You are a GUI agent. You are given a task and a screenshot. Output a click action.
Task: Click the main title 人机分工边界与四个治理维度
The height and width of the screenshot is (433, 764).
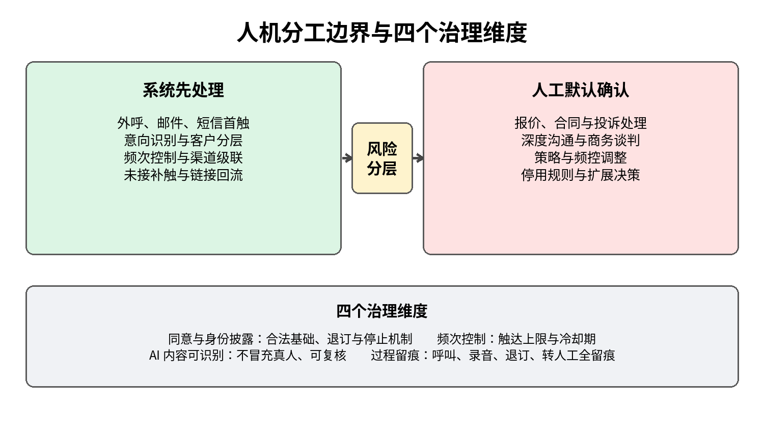click(x=382, y=33)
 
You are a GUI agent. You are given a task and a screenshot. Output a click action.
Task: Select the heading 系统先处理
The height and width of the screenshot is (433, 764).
click(x=183, y=91)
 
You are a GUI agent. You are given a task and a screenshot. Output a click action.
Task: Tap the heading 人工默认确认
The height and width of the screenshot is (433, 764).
click(x=581, y=91)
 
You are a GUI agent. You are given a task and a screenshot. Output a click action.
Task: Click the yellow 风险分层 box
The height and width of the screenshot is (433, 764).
click(x=382, y=158)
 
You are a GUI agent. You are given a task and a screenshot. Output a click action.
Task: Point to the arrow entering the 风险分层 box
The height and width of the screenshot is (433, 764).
click(x=347, y=158)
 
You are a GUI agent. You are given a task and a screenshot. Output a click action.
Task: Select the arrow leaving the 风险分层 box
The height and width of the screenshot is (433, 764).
click(x=418, y=158)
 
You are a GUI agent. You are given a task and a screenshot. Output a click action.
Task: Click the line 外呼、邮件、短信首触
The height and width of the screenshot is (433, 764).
click(x=183, y=123)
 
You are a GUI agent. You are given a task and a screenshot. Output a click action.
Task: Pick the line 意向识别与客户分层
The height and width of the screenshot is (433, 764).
click(x=183, y=140)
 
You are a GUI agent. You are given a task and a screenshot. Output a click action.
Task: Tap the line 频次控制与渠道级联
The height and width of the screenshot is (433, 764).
click(x=183, y=157)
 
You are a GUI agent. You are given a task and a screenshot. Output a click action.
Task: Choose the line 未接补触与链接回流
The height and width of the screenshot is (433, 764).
click(x=183, y=175)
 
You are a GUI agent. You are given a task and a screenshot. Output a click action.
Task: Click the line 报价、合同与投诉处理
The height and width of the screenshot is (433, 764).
click(x=581, y=123)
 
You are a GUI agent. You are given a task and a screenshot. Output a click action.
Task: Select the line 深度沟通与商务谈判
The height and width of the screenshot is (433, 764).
click(x=581, y=140)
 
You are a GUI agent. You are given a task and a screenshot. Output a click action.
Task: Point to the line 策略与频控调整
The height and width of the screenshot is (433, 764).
click(x=581, y=157)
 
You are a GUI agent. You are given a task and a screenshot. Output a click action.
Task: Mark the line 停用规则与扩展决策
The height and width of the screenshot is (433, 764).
click(x=581, y=175)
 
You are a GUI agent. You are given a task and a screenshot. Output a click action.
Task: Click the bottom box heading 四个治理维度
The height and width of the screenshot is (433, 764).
click(x=382, y=311)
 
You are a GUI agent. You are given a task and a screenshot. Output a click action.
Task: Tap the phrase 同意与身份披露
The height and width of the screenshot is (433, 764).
click(x=211, y=339)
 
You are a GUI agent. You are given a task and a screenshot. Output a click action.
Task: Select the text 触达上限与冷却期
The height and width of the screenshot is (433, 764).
click(x=547, y=339)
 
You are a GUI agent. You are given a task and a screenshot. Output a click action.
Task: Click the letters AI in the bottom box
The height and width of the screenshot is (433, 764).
click(x=154, y=356)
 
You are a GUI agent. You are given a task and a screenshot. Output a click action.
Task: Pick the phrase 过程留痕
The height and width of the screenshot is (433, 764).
click(x=395, y=356)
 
